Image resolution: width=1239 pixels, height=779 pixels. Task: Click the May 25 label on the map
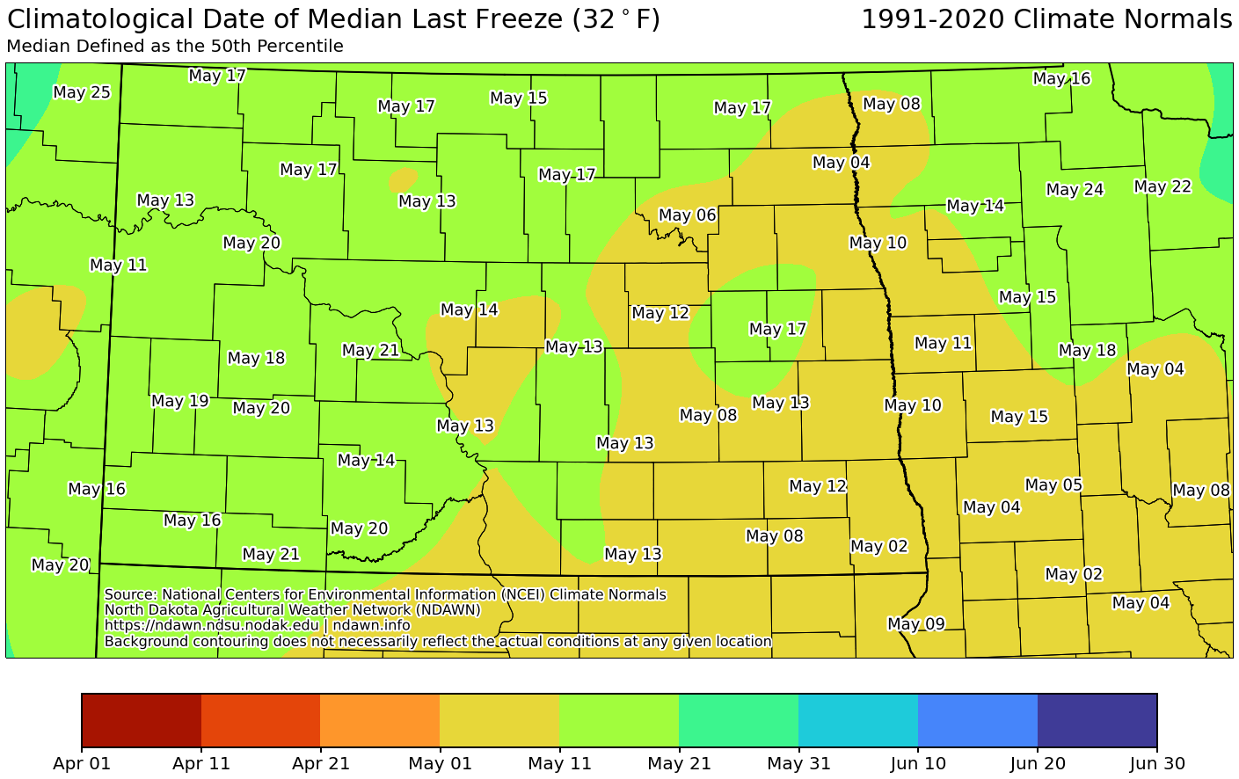pyautogui.click(x=82, y=92)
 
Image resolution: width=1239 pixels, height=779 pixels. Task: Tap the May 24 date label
pyautogui.click(x=1075, y=189)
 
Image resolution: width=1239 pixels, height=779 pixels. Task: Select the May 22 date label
pyautogui.click(x=1162, y=186)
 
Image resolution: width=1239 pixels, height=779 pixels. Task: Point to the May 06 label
pyautogui.click(x=687, y=215)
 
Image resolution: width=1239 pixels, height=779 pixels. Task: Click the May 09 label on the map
pyautogui.click(x=915, y=624)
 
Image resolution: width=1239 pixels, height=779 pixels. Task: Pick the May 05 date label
pyautogui.click(x=1053, y=484)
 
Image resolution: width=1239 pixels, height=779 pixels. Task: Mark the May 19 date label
pyautogui.click(x=180, y=401)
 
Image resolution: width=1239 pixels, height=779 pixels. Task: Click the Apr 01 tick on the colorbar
pyautogui.click(x=82, y=763)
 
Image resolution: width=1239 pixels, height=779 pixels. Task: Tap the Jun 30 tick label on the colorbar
pyautogui.click(x=1156, y=763)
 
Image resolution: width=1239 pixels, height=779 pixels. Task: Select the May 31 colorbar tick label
pyautogui.click(x=798, y=763)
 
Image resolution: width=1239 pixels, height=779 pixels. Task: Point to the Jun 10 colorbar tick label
pyautogui.click(x=918, y=763)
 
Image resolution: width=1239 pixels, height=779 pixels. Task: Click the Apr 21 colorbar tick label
pyautogui.click(x=321, y=763)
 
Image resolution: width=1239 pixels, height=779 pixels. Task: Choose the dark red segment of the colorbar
pyautogui.click(x=142, y=719)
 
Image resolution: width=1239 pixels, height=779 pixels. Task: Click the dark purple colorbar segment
pyautogui.click(x=1097, y=719)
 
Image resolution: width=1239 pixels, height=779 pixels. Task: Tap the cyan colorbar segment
pyautogui.click(x=858, y=719)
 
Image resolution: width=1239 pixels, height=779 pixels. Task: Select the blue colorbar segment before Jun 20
pyautogui.click(x=978, y=719)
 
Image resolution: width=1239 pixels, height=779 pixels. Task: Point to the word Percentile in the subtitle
pyautogui.click(x=303, y=47)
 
